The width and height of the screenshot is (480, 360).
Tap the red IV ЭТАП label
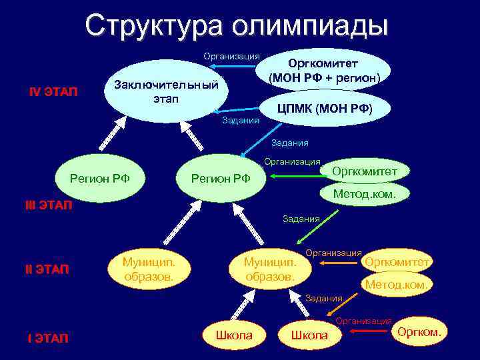[53, 91]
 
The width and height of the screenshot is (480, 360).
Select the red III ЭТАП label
[48, 205]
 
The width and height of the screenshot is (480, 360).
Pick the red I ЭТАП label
[47, 339]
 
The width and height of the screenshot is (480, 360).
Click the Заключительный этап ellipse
[167, 93]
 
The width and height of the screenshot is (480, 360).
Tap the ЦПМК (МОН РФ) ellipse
[325, 109]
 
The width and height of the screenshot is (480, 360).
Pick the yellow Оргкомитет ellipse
[397, 262]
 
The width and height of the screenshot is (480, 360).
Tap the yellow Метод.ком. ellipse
[397, 285]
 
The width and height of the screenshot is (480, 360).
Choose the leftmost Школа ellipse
[234, 335]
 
